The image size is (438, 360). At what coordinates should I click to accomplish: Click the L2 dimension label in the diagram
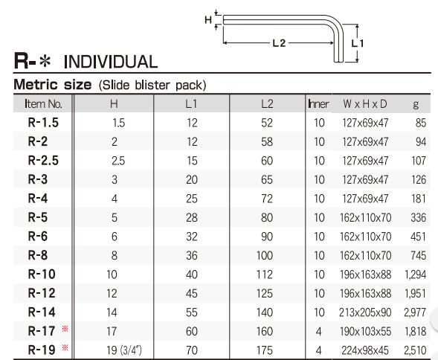pyautogui.click(x=279, y=43)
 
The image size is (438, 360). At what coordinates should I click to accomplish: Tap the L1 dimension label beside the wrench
pyautogui.click(x=357, y=43)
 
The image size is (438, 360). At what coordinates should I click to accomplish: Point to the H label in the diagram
pyautogui.click(x=208, y=20)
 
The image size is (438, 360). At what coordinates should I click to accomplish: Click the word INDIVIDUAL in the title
pyautogui.click(x=111, y=62)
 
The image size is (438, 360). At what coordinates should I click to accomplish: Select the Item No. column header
pyautogui.click(x=43, y=104)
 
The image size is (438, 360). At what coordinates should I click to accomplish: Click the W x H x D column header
pyautogui.click(x=365, y=104)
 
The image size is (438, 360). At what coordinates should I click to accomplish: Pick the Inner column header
pyautogui.click(x=318, y=104)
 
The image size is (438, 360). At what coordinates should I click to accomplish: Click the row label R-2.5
pyautogui.click(x=43, y=161)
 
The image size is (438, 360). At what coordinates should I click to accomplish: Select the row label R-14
pyautogui.click(x=42, y=312)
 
